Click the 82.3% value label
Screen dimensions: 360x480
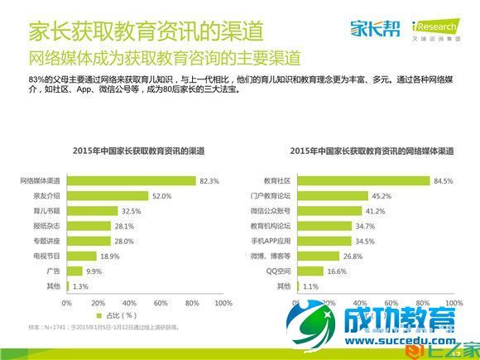coord(209,180)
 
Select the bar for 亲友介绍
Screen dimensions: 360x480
coord(107,195)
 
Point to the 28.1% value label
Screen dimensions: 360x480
coord(124,226)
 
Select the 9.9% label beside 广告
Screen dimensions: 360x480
coord(94,271)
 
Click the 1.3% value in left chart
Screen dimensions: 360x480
coord(79,286)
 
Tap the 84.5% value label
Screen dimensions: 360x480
coord(443,180)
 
